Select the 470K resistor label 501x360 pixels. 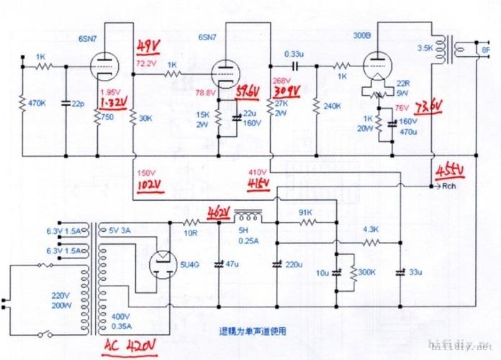(38, 103)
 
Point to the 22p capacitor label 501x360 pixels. (81, 103)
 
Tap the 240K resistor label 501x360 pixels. (333, 106)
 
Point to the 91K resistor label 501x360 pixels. (307, 213)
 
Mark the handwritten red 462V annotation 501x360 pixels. (219, 213)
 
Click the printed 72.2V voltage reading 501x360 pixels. (146, 64)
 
